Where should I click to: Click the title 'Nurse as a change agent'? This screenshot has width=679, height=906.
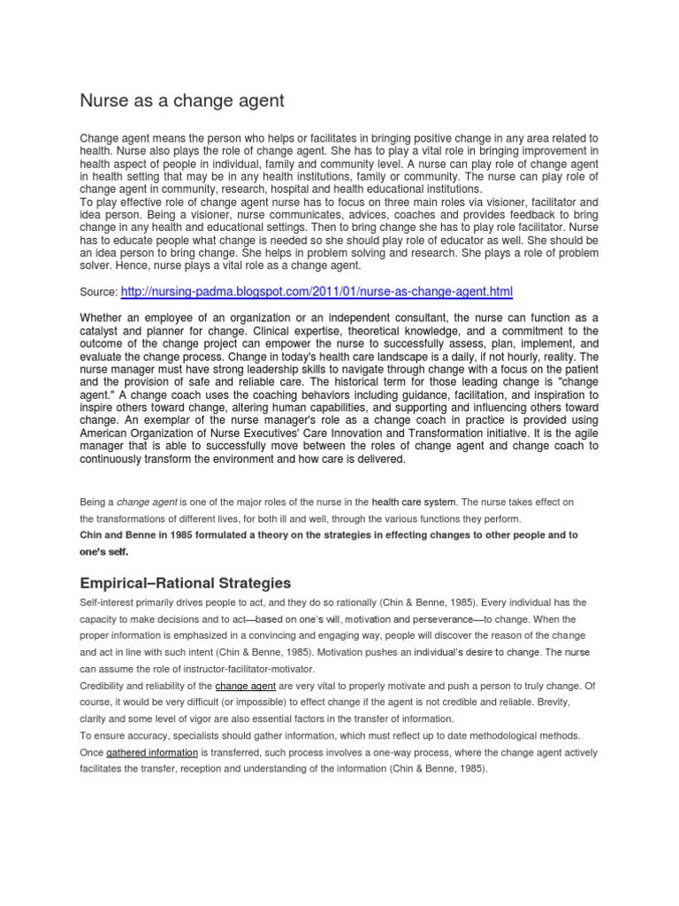182,101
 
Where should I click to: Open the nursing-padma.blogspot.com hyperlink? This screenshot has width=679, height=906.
316,291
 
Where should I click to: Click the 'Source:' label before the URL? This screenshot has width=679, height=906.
98,292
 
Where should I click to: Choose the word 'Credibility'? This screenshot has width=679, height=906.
105,686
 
